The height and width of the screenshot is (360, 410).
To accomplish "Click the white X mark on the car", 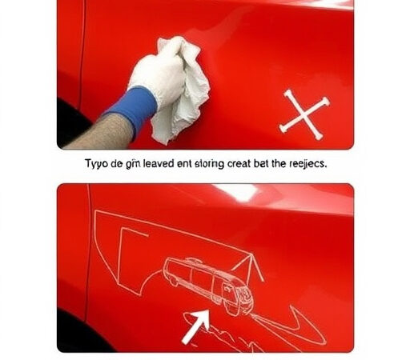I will pos(303,113).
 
